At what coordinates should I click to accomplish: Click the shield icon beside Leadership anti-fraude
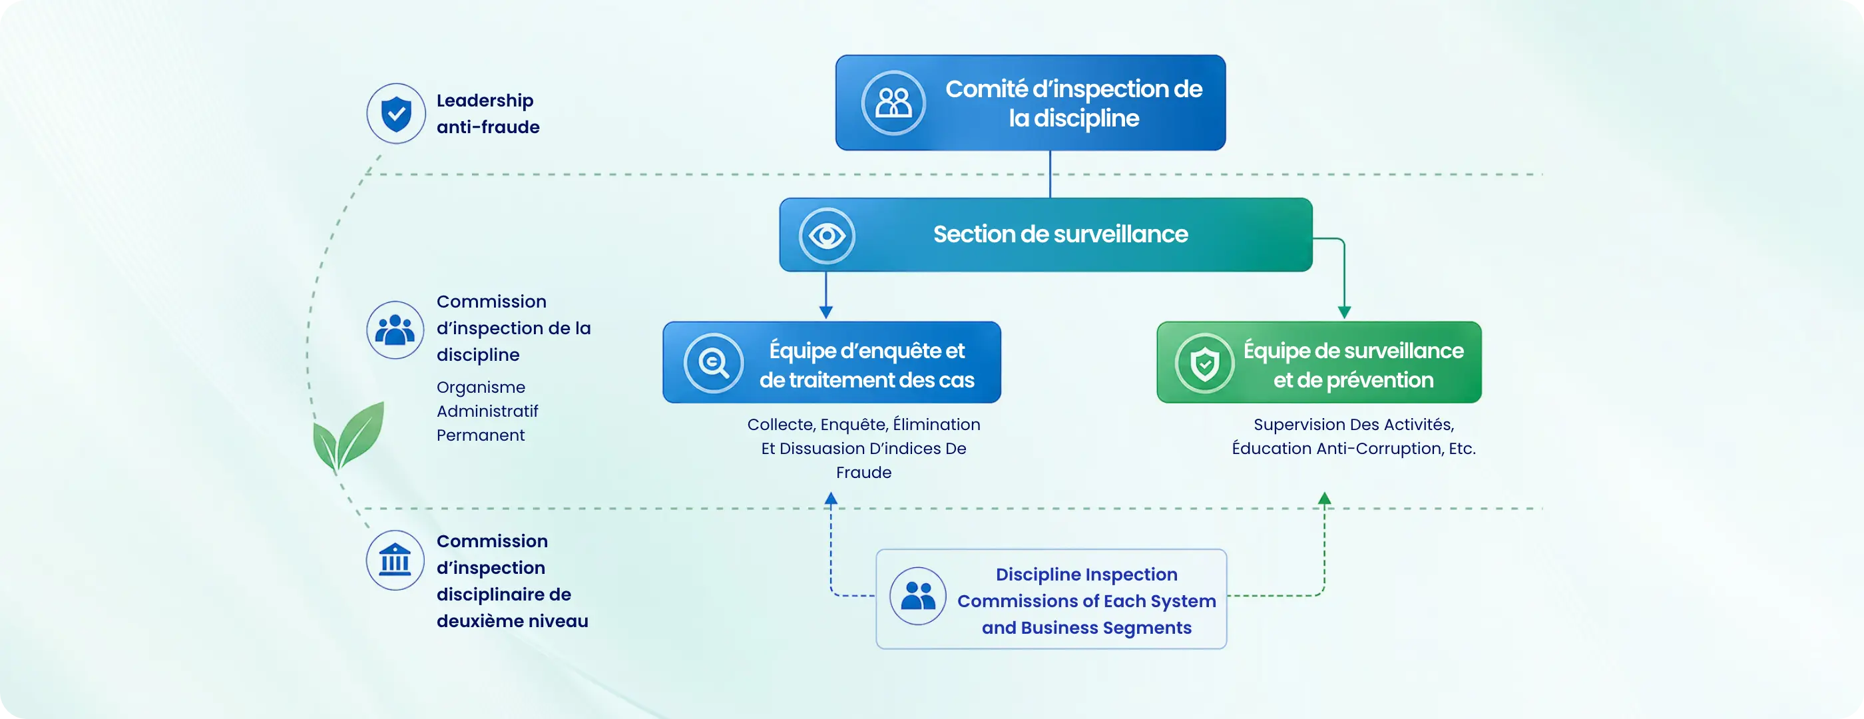[396, 114]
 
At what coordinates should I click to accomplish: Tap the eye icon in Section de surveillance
[827, 235]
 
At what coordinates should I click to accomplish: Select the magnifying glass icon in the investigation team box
[714, 362]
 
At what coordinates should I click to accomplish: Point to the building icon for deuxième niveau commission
[395, 560]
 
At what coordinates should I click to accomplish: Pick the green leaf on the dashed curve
[348, 436]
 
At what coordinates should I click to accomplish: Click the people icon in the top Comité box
[893, 103]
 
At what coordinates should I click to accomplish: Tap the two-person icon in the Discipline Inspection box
[918, 596]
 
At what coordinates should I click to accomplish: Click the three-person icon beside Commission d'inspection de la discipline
[395, 330]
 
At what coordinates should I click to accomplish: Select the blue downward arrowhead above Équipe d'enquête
[825, 312]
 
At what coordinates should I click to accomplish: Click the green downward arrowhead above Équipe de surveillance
[1345, 312]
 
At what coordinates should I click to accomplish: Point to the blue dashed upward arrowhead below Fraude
[831, 498]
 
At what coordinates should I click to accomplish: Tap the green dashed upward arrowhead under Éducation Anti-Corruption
[1324, 498]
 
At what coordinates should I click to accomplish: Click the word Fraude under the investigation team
[864, 472]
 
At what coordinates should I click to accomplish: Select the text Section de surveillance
[1060, 234]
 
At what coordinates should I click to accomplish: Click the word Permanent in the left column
[481, 435]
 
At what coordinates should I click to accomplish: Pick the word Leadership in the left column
[485, 101]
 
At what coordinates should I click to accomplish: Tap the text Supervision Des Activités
[1354, 424]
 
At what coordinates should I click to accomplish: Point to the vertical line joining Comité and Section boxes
[1050, 174]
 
